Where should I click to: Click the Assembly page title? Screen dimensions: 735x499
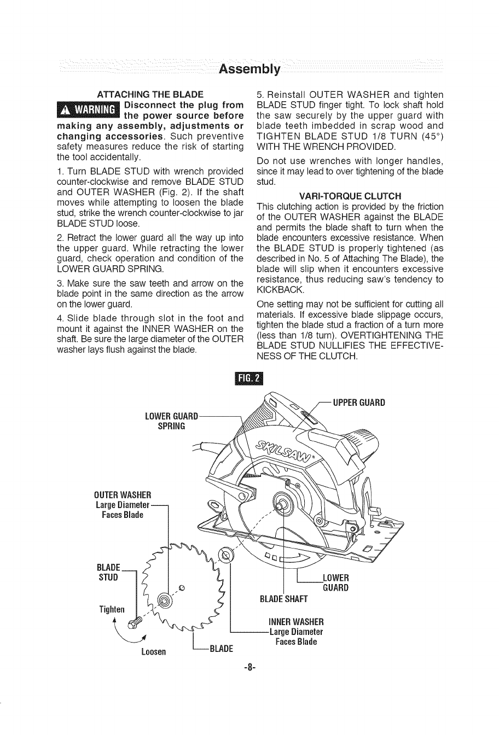249,69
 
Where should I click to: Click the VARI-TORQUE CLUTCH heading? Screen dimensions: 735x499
350,196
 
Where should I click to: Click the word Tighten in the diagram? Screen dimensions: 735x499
112,610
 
